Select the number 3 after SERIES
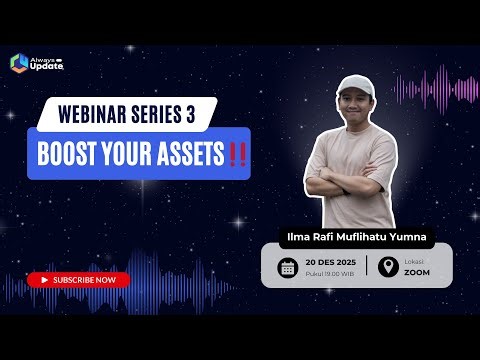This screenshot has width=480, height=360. coord(190,114)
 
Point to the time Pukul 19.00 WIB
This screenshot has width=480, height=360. coord(328,273)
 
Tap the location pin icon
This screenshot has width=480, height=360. coord(385,267)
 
